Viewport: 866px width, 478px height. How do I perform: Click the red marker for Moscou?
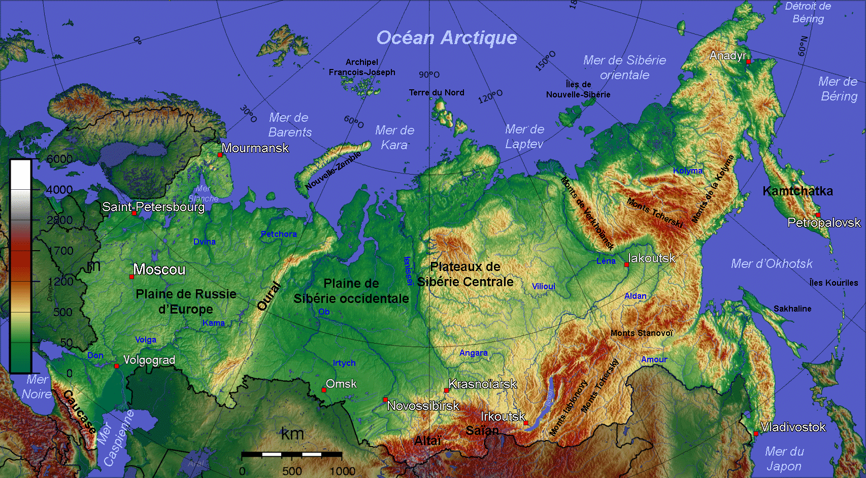(x=132, y=277)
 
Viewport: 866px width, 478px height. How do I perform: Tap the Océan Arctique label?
(x=446, y=38)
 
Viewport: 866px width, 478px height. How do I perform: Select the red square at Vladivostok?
(x=756, y=433)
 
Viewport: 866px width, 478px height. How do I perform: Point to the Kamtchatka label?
(x=797, y=191)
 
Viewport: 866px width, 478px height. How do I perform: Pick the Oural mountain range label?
(x=269, y=296)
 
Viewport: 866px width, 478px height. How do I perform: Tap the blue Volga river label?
(x=146, y=340)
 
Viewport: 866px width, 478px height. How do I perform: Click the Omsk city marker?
(x=324, y=390)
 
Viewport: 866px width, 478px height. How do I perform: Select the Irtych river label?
(x=344, y=363)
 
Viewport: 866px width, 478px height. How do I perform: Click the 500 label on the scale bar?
(x=292, y=471)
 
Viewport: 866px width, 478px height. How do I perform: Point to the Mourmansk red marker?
(x=220, y=155)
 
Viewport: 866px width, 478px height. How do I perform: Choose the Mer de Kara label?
(x=394, y=138)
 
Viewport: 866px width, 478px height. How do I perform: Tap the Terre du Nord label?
(x=437, y=92)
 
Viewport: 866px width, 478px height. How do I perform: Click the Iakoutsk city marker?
(x=626, y=264)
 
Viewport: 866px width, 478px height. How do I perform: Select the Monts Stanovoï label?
(x=642, y=333)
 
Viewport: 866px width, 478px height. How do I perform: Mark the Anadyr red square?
(x=748, y=61)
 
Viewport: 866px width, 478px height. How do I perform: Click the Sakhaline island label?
(x=792, y=309)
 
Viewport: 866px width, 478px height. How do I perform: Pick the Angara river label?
(x=473, y=353)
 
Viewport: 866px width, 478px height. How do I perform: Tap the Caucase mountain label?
(x=80, y=412)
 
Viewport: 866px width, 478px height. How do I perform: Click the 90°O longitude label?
(x=429, y=75)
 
